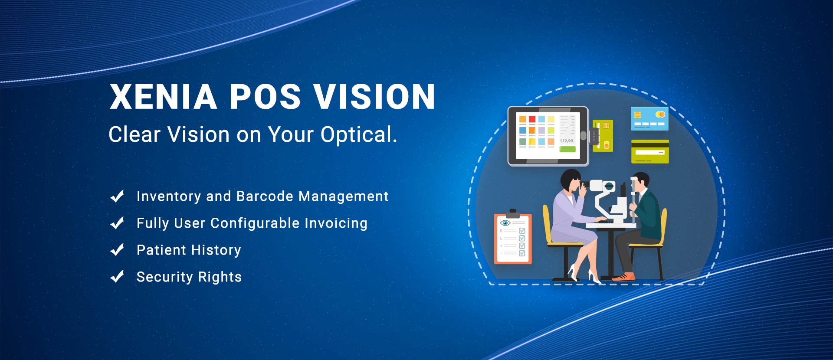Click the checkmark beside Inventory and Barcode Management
(x=117, y=196)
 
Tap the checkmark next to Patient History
(x=117, y=250)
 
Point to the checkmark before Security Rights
(x=117, y=277)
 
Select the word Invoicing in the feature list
(x=336, y=223)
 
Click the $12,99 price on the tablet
(x=566, y=141)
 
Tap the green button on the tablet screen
(x=567, y=149)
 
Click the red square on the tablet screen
(x=532, y=119)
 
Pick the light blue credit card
(x=649, y=119)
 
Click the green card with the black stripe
(x=650, y=151)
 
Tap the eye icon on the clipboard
(x=505, y=223)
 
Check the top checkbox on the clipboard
(x=522, y=231)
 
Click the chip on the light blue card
(x=637, y=115)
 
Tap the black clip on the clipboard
(x=513, y=214)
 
